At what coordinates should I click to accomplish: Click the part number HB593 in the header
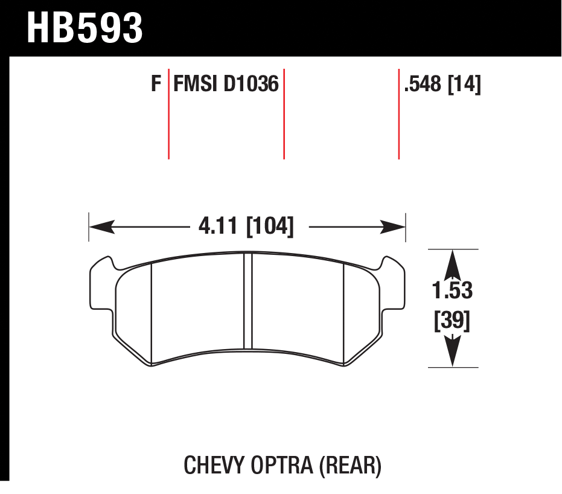[x=85, y=28]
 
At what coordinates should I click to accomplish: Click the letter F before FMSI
[x=156, y=83]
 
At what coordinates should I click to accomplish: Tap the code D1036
[x=251, y=83]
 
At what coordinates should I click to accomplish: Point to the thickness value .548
[x=424, y=84]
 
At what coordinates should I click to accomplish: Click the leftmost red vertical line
[x=168, y=115]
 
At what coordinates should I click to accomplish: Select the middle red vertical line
[x=284, y=115]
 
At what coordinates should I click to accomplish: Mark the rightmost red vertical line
[x=399, y=115]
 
